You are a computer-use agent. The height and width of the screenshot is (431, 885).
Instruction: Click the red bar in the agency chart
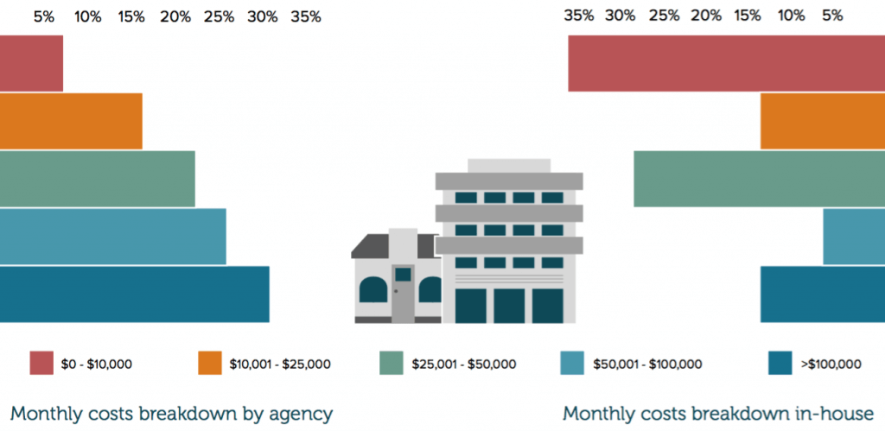(31, 63)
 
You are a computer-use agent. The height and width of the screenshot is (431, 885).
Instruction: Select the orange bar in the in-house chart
(822, 121)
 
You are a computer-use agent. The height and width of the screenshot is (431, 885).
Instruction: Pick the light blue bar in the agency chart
(112, 237)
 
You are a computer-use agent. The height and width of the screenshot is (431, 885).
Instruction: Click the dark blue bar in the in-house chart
(822, 294)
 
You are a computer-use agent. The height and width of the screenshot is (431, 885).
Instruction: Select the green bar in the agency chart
(97, 179)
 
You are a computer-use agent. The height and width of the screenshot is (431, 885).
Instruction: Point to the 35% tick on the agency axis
(306, 16)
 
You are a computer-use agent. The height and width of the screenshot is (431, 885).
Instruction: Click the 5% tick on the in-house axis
(832, 16)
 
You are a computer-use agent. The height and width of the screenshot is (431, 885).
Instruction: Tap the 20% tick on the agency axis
(175, 16)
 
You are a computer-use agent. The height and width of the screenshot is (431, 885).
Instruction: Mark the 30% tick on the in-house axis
(620, 16)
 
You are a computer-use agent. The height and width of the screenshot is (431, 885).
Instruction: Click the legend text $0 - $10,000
(96, 364)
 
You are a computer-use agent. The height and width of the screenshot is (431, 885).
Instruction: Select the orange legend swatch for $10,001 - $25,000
(211, 364)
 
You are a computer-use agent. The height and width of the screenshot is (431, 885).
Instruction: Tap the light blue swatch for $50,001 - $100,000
(573, 364)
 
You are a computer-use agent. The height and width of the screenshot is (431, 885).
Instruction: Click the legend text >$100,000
(831, 364)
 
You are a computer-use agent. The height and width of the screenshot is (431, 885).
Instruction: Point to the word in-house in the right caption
(836, 413)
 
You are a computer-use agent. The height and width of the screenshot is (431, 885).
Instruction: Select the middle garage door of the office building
(509, 306)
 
